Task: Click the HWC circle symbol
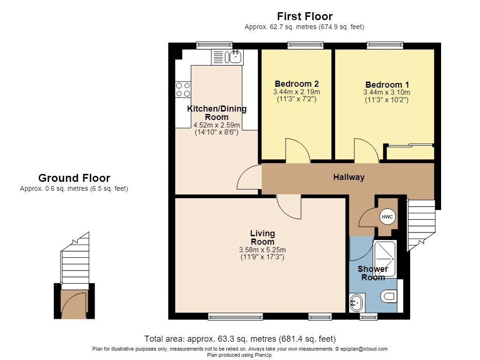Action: [387, 217]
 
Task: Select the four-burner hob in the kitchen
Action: [183, 90]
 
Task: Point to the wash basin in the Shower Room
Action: [357, 303]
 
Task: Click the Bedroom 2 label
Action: [297, 83]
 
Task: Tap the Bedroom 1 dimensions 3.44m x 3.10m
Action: [387, 92]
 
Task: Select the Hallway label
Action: [349, 177]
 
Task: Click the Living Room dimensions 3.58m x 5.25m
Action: [262, 250]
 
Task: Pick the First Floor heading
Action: [305, 16]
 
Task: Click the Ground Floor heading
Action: [74, 178]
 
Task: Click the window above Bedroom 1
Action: [385, 45]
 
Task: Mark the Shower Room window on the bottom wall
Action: [368, 316]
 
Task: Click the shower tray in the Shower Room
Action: [385, 259]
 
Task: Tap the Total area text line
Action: [240, 339]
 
